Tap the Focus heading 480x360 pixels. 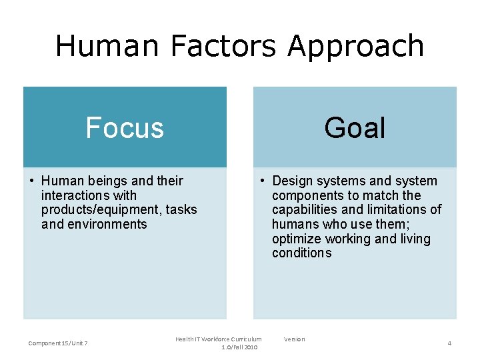125,127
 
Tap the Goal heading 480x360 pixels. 355,127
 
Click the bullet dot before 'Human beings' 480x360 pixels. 33,181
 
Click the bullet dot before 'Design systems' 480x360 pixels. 264,181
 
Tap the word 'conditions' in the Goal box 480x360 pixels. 301,253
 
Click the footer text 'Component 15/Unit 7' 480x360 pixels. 58,343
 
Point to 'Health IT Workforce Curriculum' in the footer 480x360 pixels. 219,339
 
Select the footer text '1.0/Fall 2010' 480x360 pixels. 239,347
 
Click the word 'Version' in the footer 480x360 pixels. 294,339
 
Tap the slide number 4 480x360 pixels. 449,343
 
